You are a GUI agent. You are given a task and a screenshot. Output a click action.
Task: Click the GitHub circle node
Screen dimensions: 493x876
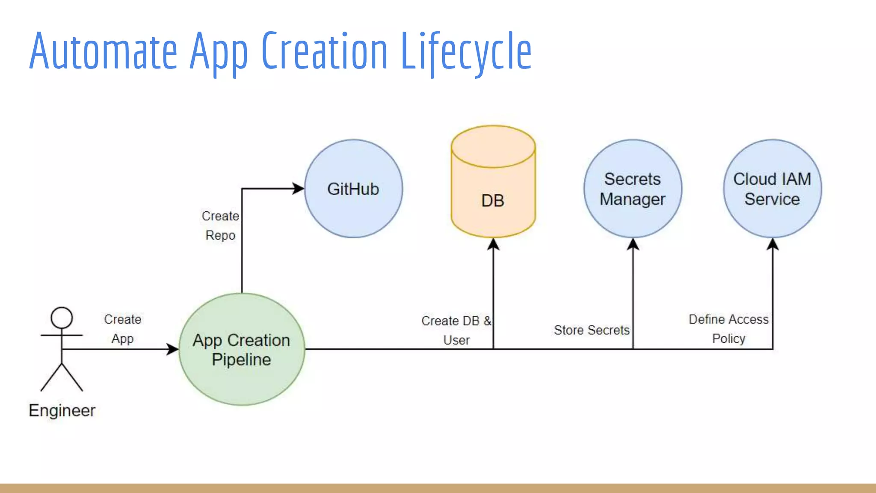click(x=353, y=189)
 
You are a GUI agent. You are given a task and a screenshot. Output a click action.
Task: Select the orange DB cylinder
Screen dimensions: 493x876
click(x=493, y=188)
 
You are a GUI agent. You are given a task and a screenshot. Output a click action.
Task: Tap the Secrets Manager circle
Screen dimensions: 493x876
click(x=633, y=189)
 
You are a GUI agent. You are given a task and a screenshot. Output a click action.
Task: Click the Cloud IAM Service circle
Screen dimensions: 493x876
click(x=772, y=189)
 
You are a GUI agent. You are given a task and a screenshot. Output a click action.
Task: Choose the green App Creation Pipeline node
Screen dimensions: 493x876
click(x=242, y=349)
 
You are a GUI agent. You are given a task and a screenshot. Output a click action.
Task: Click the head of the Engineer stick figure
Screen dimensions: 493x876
click(x=62, y=318)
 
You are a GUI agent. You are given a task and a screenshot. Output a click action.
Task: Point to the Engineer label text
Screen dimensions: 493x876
click(x=62, y=410)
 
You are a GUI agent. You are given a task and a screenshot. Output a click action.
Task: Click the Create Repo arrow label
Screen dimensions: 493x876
click(x=220, y=226)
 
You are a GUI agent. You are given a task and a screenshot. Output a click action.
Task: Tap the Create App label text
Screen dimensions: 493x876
click(x=123, y=329)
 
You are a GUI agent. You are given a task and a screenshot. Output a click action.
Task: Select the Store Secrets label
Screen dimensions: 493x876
click(x=592, y=330)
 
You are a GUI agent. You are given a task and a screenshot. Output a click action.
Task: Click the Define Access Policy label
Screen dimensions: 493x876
click(x=728, y=329)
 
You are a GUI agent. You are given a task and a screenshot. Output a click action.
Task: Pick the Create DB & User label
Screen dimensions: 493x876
click(x=456, y=330)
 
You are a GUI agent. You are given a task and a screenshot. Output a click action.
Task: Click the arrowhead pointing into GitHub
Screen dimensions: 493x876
click(x=298, y=188)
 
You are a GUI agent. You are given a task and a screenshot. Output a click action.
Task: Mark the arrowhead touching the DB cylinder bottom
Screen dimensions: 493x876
click(x=493, y=244)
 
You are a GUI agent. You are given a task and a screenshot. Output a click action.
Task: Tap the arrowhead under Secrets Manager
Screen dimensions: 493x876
click(x=633, y=244)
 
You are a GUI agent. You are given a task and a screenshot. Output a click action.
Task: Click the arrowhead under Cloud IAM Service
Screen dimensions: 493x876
click(x=772, y=244)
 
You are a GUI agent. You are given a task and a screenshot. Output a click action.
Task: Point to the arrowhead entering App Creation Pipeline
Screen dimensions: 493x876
click(x=172, y=349)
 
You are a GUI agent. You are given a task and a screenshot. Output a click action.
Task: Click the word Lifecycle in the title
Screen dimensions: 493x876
click(x=466, y=51)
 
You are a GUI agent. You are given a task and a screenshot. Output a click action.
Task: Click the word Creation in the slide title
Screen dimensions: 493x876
click(x=324, y=51)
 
